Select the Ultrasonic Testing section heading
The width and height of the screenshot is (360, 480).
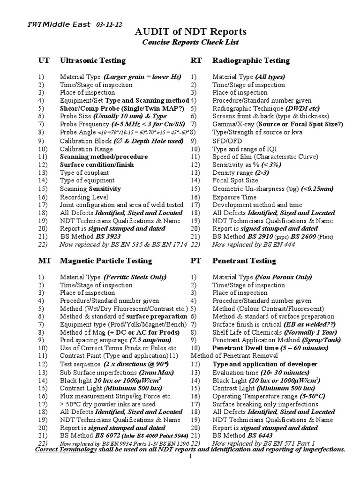point(92,60)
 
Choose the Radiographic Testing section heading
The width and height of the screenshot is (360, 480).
point(251,60)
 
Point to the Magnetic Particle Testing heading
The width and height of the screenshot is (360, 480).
point(106,261)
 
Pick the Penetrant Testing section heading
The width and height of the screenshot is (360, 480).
point(244,261)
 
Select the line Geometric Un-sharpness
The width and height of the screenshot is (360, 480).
point(273,189)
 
